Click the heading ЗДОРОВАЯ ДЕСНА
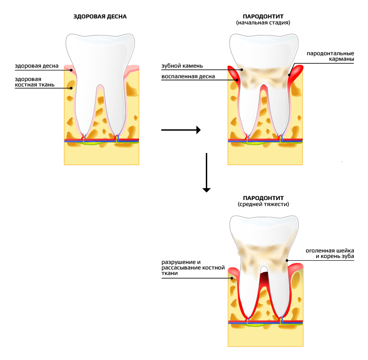tap(100, 17)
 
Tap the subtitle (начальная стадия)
tap(263, 23)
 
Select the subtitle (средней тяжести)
tap(263, 204)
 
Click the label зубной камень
tap(182, 66)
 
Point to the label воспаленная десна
tap(188, 76)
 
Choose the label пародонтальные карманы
tap(330, 56)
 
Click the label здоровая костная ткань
tap(35, 82)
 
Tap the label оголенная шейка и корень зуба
tap(330, 253)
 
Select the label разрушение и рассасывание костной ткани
tap(193, 268)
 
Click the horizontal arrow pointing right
tap(181, 130)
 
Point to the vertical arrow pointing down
tap(207, 172)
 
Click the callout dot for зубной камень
tap(242, 70)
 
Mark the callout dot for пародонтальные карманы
tap(289, 75)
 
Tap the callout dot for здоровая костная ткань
tap(71, 88)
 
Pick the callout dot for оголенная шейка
tap(287, 260)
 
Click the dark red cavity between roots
tap(264, 277)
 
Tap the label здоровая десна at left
tap(37, 66)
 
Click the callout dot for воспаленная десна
tap(237, 80)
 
